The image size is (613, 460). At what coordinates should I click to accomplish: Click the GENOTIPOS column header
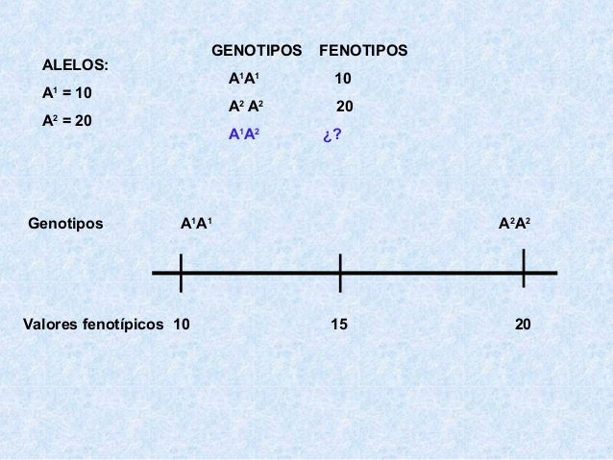point(256,49)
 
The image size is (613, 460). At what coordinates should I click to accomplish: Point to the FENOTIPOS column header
point(362,49)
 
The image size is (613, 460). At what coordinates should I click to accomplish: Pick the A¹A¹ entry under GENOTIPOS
point(244,78)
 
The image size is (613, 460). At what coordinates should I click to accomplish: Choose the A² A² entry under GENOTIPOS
point(246,107)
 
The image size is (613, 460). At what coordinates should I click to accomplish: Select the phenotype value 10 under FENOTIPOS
point(342,78)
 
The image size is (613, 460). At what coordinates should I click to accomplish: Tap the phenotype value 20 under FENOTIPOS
point(344,107)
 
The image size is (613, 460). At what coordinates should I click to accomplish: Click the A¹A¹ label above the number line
point(197,224)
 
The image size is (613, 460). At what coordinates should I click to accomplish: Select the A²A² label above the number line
point(514,224)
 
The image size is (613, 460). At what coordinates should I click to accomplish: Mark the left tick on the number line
point(180,272)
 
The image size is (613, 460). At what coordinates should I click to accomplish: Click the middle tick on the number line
point(340,273)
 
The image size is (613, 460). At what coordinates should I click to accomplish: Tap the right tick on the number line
point(523,269)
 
